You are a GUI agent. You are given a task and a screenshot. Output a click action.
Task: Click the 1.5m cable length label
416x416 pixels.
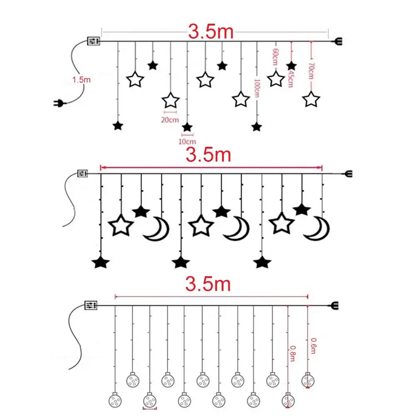pyautogui.click(x=82, y=79)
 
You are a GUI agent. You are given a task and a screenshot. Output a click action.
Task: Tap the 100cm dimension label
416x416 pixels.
pyautogui.click(x=257, y=88)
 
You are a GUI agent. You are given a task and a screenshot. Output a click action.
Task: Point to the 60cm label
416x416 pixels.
pyautogui.click(x=275, y=57)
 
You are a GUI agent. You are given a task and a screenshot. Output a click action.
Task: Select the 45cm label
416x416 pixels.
pyautogui.click(x=290, y=79)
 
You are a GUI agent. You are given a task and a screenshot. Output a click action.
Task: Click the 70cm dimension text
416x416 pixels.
pyautogui.click(x=311, y=71)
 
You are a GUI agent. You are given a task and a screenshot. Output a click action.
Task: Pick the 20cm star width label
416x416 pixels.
pyautogui.click(x=170, y=120)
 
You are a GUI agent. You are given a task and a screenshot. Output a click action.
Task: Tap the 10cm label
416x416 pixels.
pyautogui.click(x=187, y=142)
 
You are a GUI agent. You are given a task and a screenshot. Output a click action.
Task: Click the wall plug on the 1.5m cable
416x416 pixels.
pyautogui.click(x=59, y=103)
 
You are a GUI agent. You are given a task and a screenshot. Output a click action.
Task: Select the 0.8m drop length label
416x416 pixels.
pyautogui.click(x=292, y=353)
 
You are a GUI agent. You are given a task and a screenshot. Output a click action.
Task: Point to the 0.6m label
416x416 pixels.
pyautogui.click(x=313, y=346)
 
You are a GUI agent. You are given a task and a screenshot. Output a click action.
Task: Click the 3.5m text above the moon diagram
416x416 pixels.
pyautogui.click(x=208, y=155)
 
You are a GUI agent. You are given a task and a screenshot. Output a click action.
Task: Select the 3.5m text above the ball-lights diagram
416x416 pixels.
pyautogui.click(x=208, y=284)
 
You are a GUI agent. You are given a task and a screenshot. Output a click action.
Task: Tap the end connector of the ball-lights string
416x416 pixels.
pyautogui.click(x=335, y=306)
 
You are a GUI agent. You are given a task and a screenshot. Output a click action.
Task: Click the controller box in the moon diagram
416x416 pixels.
pyautogui.click(x=82, y=173)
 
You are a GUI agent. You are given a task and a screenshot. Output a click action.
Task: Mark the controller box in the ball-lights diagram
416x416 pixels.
pyautogui.click(x=91, y=305)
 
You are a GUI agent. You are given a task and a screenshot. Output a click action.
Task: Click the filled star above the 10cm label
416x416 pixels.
pyautogui.click(x=187, y=127)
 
